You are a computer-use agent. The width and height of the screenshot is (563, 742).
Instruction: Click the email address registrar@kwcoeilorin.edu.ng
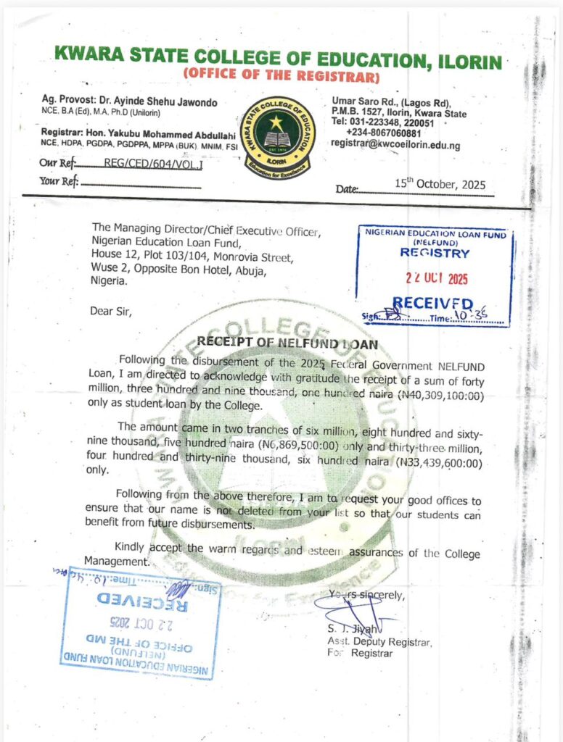tap(395, 145)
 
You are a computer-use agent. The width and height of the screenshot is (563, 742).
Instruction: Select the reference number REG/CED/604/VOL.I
tap(154, 164)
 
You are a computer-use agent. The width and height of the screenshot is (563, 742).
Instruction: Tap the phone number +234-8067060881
tap(384, 134)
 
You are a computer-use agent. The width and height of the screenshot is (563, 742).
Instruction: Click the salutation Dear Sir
tap(112, 312)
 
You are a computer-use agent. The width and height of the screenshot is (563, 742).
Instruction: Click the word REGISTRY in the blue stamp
tap(435, 254)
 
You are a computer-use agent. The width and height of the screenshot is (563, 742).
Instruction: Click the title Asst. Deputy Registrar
tap(379, 642)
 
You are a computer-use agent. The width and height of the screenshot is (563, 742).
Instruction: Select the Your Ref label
tap(58, 181)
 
